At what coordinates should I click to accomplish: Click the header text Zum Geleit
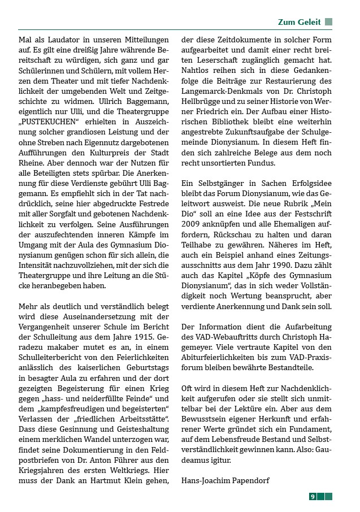(x=299, y=22)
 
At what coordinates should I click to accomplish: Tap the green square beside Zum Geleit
(x=328, y=22)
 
